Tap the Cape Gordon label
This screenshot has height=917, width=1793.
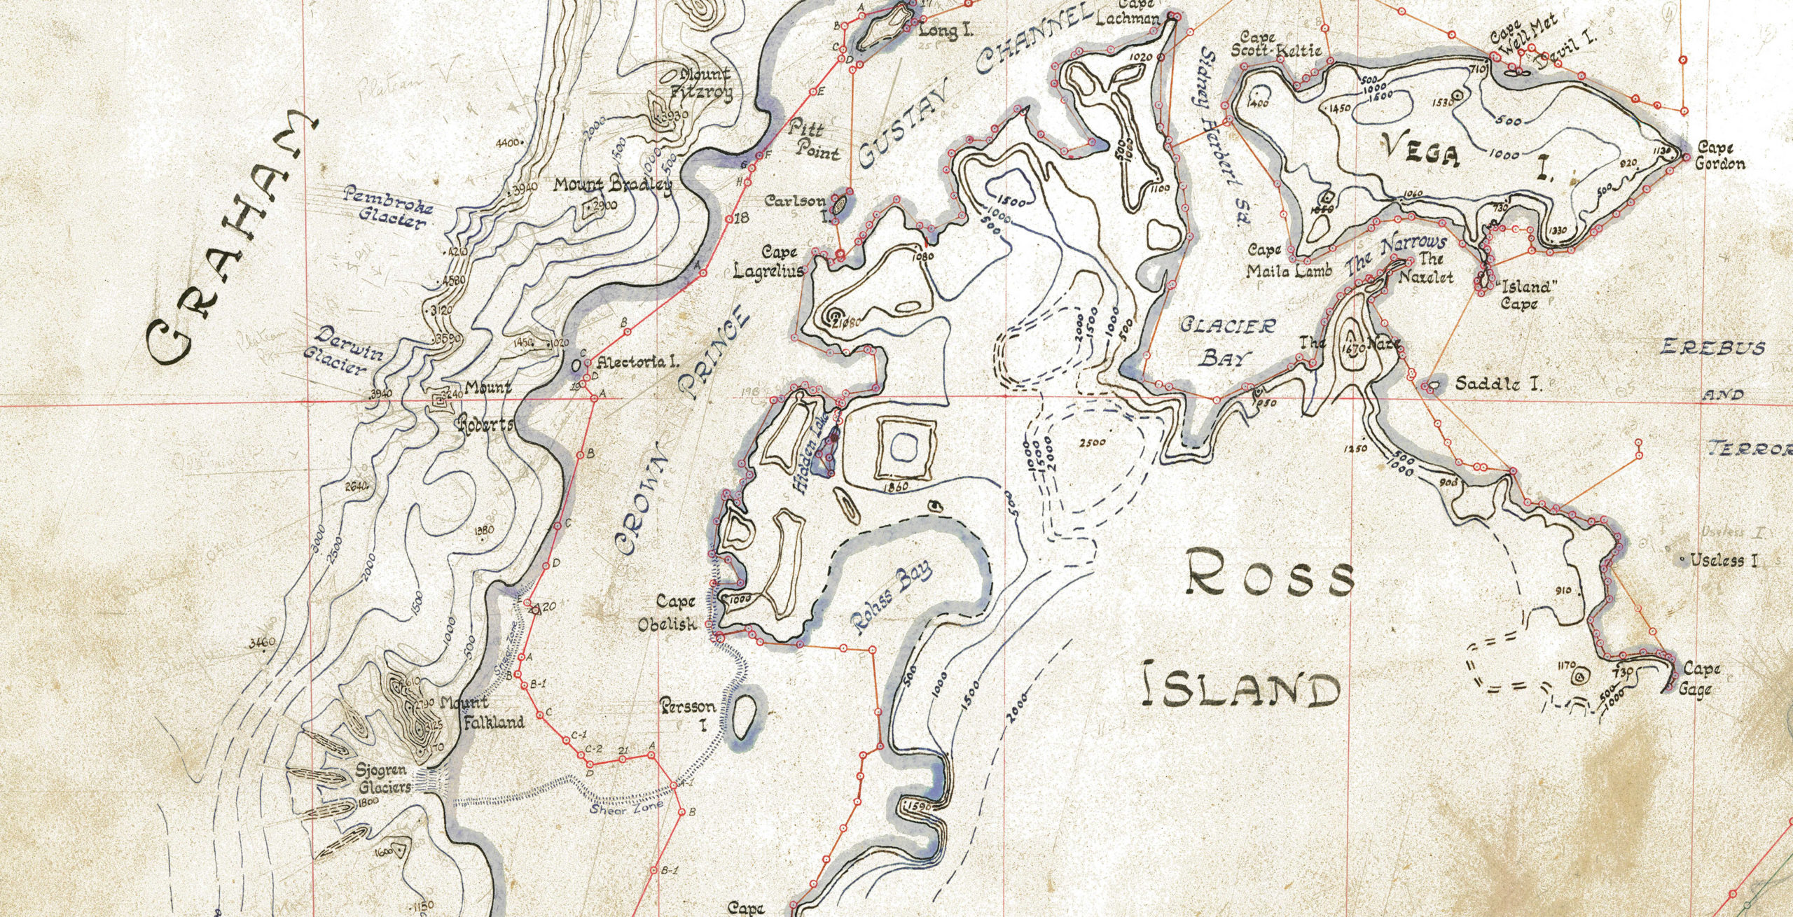[x=1719, y=155]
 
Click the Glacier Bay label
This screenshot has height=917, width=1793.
[x=1228, y=342]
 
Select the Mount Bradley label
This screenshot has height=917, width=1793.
[x=612, y=185]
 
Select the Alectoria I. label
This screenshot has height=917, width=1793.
[x=637, y=363]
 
